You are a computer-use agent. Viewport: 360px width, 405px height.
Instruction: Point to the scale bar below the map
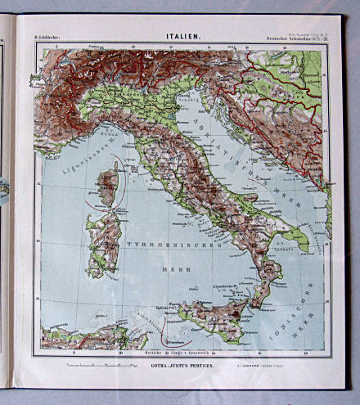(x=92, y=361)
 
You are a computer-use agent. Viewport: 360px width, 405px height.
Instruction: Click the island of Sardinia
(x=104, y=241)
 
